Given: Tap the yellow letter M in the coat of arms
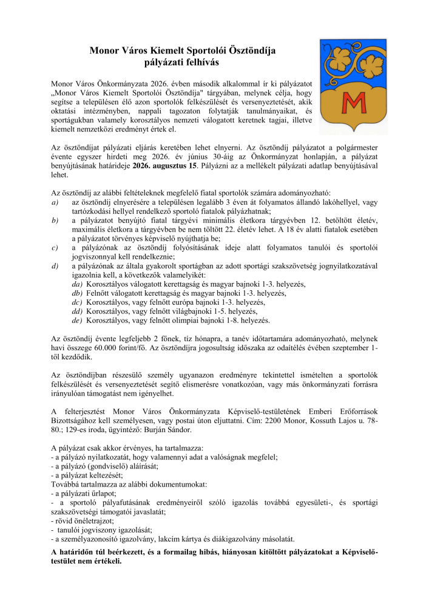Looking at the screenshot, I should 350,100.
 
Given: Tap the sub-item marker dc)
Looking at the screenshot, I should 76,301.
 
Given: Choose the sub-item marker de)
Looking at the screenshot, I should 76,320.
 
